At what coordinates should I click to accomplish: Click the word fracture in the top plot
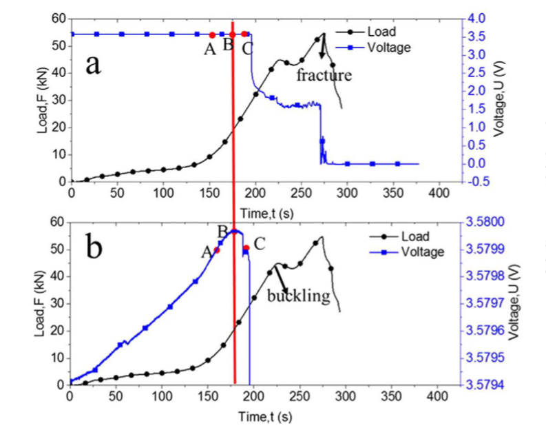[x=324, y=75]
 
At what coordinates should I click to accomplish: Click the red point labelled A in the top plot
[x=212, y=34]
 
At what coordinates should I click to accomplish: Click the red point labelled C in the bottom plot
[x=246, y=247]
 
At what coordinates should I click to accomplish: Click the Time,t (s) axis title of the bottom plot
[x=266, y=416]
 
